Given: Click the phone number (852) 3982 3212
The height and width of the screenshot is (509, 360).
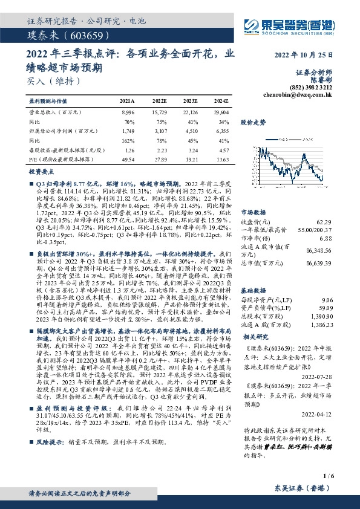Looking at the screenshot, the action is (x=313, y=87).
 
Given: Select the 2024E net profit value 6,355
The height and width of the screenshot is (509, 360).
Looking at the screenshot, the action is (x=221, y=130).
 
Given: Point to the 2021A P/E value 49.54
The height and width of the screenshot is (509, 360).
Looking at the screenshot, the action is (x=128, y=158).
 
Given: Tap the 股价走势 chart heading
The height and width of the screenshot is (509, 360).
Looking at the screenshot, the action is (x=254, y=122).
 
